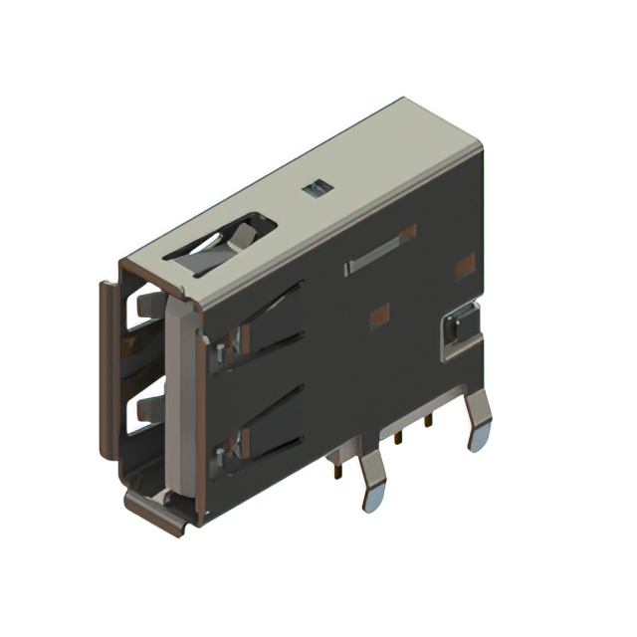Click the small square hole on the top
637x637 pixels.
317,188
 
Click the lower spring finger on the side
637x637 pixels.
265,419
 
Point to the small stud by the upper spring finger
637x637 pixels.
216,349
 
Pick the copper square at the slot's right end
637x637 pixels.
407,232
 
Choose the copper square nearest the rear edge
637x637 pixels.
464,267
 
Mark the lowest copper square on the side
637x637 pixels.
379,317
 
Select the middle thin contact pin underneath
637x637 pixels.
398,439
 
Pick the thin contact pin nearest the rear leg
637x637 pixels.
429,423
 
